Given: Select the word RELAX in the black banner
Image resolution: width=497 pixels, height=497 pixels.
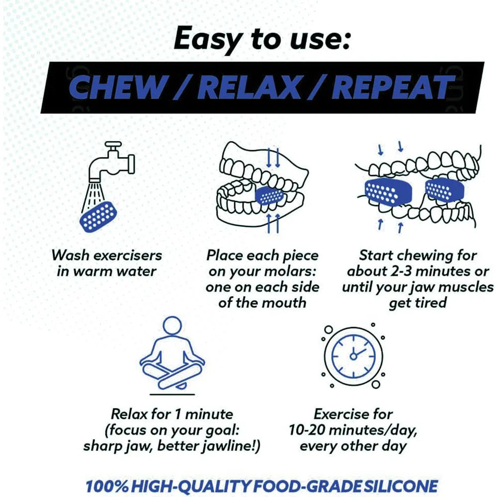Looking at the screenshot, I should point(245,88).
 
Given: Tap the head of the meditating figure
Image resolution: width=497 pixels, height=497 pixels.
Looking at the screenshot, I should point(172,328).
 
